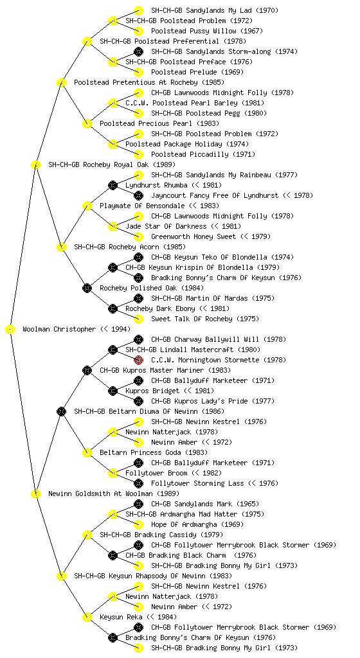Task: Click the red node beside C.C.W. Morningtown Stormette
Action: [138, 360]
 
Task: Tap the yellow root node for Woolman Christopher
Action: [10, 329]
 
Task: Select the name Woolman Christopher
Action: [59, 329]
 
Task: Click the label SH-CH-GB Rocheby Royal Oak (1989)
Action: [112, 164]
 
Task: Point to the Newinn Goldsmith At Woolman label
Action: [100, 493]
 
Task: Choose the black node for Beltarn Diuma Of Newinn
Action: [61, 411]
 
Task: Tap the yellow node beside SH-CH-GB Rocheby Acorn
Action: [61, 247]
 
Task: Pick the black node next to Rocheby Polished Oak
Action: [87, 288]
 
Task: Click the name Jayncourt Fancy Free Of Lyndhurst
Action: [215, 195]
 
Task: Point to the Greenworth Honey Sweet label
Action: [194, 236]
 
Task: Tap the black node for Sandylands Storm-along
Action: [138, 51]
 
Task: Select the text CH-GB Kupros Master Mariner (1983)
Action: [165, 370]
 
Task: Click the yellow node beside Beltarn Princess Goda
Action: [87, 452]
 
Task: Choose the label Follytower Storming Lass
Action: [197, 483]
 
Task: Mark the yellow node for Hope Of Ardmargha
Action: [138, 524]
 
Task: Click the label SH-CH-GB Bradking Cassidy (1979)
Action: [161, 535]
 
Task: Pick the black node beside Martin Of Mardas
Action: [138, 298]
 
